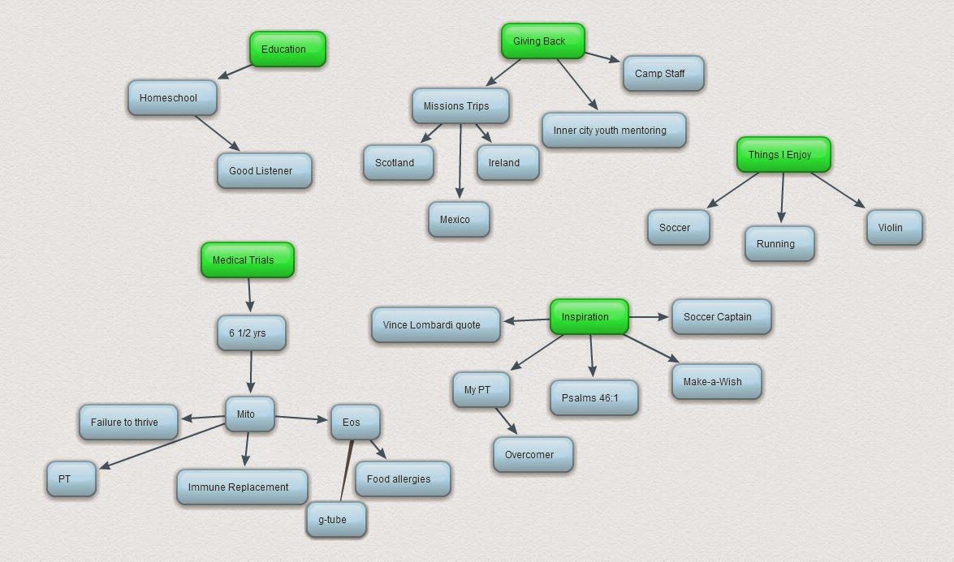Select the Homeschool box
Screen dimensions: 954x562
pos(173,98)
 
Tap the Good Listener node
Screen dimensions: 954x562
pos(264,171)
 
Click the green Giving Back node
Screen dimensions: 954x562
pos(542,41)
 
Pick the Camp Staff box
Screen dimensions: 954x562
pos(663,74)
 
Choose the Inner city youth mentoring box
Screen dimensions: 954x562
pos(613,131)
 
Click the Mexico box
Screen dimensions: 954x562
pos(459,220)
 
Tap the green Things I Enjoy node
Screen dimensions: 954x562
pos(783,155)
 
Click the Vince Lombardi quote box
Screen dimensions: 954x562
pos(436,325)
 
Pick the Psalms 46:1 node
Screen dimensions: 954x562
pos(594,398)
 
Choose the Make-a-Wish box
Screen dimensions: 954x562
pos(716,382)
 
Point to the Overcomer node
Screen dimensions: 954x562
pos(533,455)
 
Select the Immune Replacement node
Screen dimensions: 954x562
pos(242,487)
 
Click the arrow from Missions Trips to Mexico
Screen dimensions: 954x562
pos(460,162)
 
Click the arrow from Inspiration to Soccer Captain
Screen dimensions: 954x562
pos(650,316)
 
